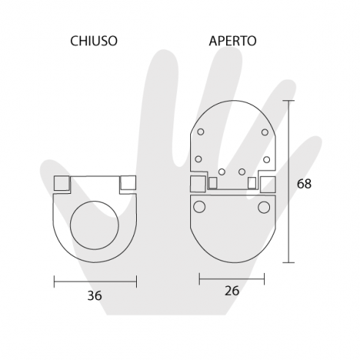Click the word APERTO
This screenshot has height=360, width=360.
click(231, 41)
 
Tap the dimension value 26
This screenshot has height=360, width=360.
click(232, 291)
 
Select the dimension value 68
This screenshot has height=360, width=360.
click(305, 184)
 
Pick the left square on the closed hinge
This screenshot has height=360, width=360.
click(61, 183)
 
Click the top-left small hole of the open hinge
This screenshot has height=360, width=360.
click(198, 132)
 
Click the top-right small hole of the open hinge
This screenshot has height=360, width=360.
click(265, 132)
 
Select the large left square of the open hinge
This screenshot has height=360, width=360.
click(198, 184)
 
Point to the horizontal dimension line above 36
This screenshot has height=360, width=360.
click(95, 278)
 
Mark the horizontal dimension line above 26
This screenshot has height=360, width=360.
click(232, 278)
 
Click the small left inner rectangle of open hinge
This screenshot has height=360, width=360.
click(211, 181)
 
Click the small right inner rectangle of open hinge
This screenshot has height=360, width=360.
click(252, 181)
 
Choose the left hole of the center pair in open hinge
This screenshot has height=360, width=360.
click(222, 173)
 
